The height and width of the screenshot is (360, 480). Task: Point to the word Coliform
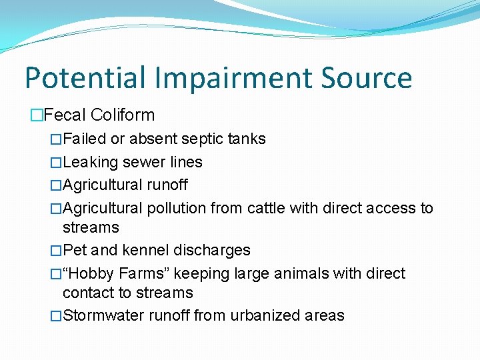pos(123,115)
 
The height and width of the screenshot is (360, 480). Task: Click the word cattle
pos(268,208)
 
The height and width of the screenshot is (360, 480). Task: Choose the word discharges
pos(212,250)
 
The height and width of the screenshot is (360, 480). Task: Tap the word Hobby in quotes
pos(90,273)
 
